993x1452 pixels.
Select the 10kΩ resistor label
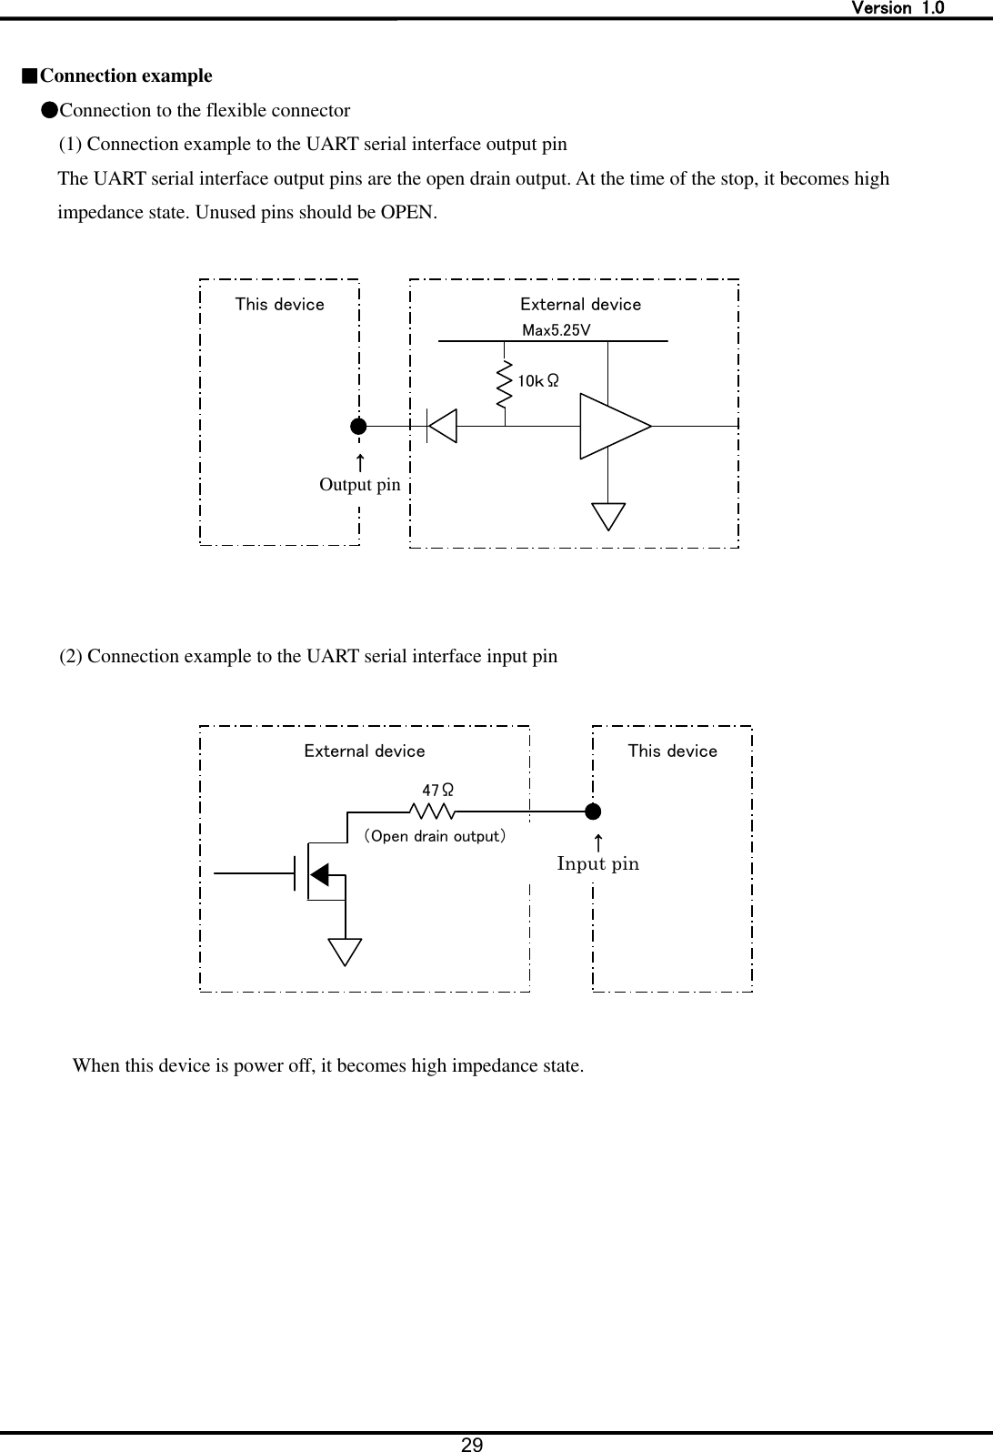[537, 381]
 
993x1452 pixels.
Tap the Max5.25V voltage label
[556, 330]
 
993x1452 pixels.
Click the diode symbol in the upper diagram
[442, 426]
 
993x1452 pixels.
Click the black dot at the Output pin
[359, 425]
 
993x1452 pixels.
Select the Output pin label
[359, 485]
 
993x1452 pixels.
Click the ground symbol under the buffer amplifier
[608, 516]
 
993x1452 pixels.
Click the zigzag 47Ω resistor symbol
[432, 811]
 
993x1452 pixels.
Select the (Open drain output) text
[435, 835]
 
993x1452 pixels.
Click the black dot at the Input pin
[593, 811]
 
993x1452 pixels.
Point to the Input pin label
[597, 863]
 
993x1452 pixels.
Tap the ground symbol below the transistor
[346, 952]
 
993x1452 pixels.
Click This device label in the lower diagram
[672, 751]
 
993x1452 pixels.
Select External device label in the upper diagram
[580, 304]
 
